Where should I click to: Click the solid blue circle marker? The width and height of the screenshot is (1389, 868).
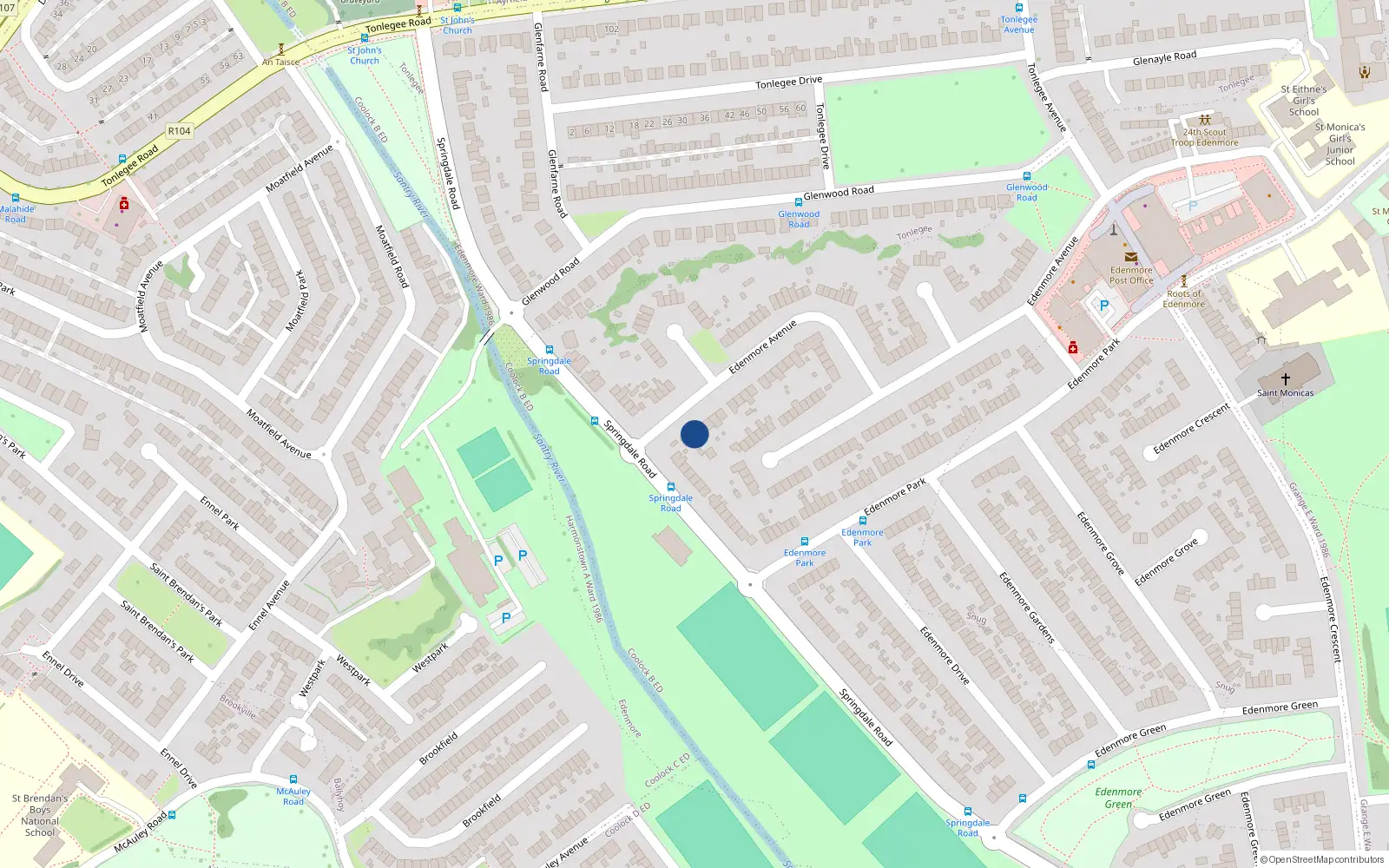(x=694, y=434)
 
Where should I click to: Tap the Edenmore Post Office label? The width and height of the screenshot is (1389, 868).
(x=1131, y=275)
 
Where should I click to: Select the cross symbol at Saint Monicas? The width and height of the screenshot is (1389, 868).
(x=1286, y=378)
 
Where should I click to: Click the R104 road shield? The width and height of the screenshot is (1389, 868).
(x=180, y=131)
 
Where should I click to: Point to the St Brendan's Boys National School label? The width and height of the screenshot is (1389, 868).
(x=40, y=815)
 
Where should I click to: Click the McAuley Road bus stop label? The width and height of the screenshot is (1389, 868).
(x=293, y=796)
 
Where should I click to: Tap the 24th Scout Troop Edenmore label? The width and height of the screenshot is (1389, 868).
(x=1205, y=137)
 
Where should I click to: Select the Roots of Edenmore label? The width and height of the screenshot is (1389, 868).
(x=1184, y=299)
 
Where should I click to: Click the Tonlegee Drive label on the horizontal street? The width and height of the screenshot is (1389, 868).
(x=788, y=82)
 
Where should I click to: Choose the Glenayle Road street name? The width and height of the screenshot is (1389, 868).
(x=1164, y=58)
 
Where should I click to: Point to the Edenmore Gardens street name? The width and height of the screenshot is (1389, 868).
(x=1026, y=608)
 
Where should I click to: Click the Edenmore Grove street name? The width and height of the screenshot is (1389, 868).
(x=1101, y=543)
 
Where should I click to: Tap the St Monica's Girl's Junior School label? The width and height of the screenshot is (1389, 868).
(x=1340, y=144)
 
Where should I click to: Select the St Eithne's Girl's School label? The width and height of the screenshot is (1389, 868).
(x=1303, y=101)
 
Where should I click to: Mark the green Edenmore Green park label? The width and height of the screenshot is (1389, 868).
(x=1118, y=798)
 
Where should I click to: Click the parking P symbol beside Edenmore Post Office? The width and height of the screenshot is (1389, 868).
(x=1104, y=306)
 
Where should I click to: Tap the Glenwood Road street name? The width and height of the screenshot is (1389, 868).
(x=839, y=193)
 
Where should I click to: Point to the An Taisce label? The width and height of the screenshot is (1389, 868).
(x=280, y=62)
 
